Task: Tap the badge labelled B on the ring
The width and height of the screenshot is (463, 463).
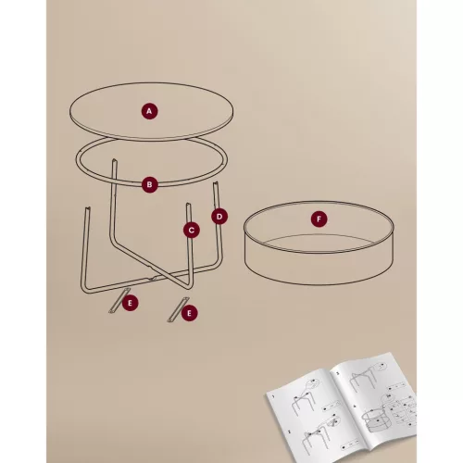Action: point(150,184)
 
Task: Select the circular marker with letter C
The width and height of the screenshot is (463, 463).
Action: point(192,229)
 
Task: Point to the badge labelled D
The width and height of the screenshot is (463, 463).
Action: point(219,217)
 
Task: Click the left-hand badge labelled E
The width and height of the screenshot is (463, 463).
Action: point(131,303)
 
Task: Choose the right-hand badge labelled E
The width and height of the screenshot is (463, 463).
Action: point(190,314)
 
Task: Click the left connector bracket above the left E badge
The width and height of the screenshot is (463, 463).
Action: point(116,301)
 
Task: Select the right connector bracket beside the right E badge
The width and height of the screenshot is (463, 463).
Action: point(175,311)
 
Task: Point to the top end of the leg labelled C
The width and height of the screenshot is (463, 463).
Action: point(187,205)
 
